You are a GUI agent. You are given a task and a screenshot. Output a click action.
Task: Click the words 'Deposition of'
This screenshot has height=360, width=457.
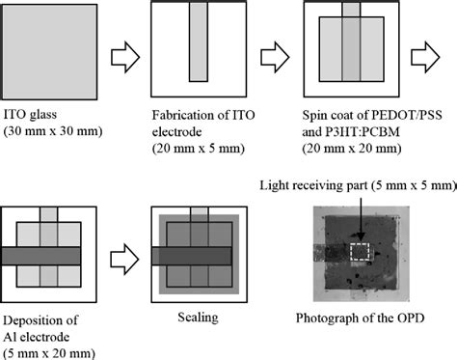(37, 316)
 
